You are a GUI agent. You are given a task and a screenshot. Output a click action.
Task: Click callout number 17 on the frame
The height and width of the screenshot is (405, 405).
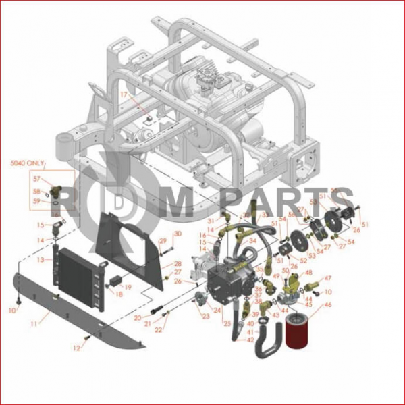[124, 95]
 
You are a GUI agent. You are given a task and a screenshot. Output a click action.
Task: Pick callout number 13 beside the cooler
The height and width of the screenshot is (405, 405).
[40, 259]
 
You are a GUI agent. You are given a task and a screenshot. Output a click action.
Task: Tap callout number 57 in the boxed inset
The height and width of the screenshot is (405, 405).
[37, 180]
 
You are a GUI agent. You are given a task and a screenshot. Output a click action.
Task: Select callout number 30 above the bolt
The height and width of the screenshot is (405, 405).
[178, 234]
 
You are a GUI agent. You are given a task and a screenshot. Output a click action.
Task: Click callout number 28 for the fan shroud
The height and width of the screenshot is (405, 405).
[178, 263]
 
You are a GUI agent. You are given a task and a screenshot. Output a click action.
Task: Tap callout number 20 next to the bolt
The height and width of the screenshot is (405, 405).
[138, 317]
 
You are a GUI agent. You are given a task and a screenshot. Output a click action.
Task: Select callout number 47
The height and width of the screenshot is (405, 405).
[329, 278]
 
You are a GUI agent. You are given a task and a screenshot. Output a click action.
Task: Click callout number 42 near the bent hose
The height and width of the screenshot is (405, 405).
[250, 339]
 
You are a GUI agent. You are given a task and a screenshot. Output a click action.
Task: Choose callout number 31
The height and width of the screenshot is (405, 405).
[210, 221]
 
